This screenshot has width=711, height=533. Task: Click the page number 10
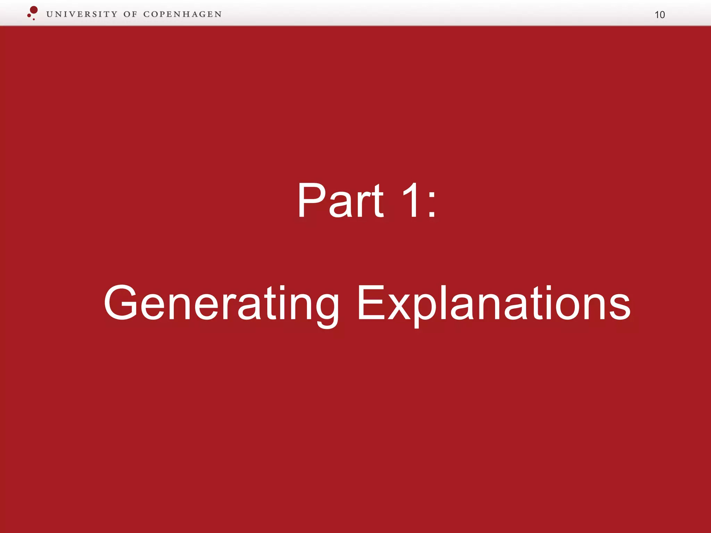[x=660, y=15]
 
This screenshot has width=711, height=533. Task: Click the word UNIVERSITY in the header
[x=82, y=14]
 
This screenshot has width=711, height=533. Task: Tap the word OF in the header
[x=130, y=14]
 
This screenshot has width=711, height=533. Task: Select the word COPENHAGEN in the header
[x=182, y=14]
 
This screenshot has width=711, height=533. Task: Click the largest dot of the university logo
[x=34, y=10]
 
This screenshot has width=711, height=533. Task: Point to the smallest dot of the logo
[x=34, y=19]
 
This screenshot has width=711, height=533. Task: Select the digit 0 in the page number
[x=662, y=15]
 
